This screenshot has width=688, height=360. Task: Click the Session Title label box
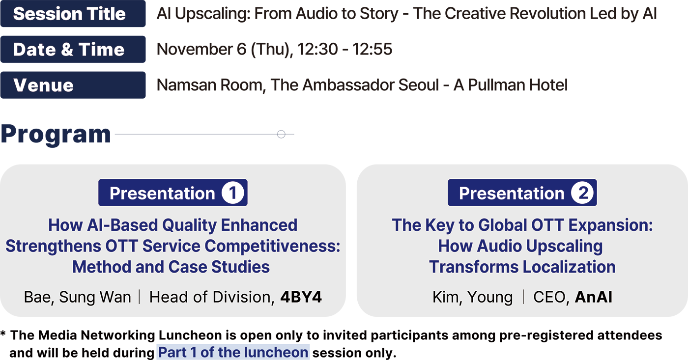pos(73,13)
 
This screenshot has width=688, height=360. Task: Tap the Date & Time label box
pos(73,50)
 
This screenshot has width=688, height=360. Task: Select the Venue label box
pos(73,85)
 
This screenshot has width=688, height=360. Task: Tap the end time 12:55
pos(373,49)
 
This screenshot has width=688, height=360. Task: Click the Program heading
pos(56,135)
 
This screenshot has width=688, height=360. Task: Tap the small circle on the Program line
pos(281,134)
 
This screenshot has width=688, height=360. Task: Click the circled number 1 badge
pos(233,193)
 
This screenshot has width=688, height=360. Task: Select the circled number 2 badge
pos(582,193)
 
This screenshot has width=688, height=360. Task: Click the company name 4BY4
pos(301,297)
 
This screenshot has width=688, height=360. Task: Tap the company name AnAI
pos(594,297)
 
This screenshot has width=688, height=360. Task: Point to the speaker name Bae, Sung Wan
pos(78,297)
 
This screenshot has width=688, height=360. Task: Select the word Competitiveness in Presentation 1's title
pos(272,246)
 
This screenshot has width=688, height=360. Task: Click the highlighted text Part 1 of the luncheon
pos(233,352)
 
